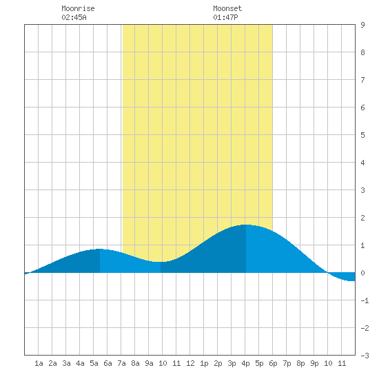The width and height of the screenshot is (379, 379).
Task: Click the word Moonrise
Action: click(78, 8)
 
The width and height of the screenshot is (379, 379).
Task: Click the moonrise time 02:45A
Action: click(74, 17)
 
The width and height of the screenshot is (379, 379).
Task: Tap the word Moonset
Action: click(227, 8)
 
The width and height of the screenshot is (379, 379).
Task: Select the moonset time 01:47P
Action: click(225, 17)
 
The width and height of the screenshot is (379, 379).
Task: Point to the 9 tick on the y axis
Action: click(362, 25)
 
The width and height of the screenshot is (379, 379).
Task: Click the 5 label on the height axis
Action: click(362, 135)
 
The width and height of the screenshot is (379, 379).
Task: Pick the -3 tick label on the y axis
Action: click(365, 356)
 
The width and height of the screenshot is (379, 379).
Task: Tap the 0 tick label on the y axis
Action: click(362, 273)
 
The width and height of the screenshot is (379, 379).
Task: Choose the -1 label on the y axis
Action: click(365, 300)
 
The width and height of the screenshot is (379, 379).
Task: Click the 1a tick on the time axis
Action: click(39, 363)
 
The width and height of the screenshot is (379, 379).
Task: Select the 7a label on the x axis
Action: click(121, 363)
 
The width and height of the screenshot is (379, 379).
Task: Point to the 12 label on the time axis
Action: click(190, 363)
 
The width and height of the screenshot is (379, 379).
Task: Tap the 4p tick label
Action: click(245, 363)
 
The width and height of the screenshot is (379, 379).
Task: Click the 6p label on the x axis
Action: click(273, 363)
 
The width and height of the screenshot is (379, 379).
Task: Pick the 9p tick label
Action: click(314, 363)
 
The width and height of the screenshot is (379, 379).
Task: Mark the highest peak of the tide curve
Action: click(246, 225)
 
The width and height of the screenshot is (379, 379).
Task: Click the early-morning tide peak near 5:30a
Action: click(100, 249)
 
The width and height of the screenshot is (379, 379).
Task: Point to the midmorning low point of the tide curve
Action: click(161, 262)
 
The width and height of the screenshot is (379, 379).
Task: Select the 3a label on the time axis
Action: click(66, 363)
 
